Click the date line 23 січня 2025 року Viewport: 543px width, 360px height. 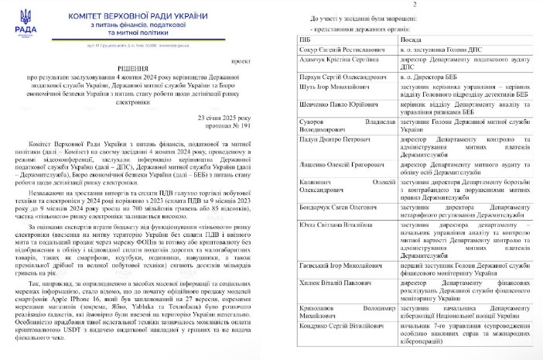pyautogui.click(x=224, y=117)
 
